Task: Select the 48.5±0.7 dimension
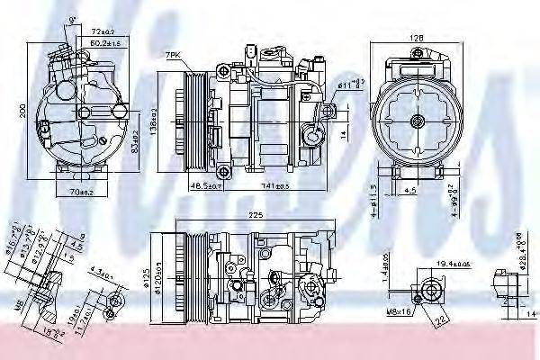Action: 206,184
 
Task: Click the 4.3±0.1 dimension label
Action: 98,268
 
